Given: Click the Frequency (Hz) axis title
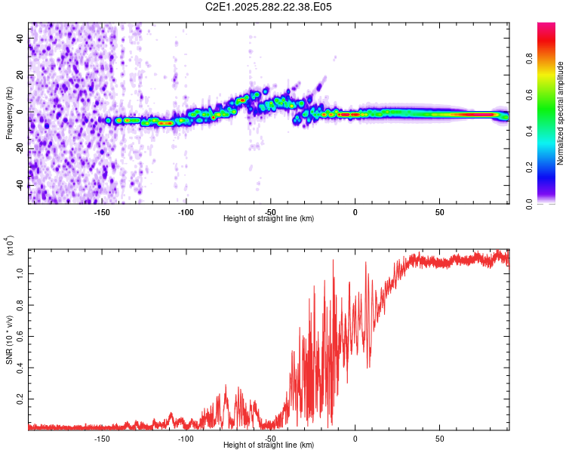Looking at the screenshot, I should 9,113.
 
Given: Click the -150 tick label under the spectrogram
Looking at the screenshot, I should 102,211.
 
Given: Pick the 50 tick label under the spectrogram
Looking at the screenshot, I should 439,211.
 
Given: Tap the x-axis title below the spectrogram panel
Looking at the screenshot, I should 269,219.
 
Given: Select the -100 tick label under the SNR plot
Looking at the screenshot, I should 186,438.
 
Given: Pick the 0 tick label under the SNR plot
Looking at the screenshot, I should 355,438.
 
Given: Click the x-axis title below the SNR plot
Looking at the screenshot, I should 269,445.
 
